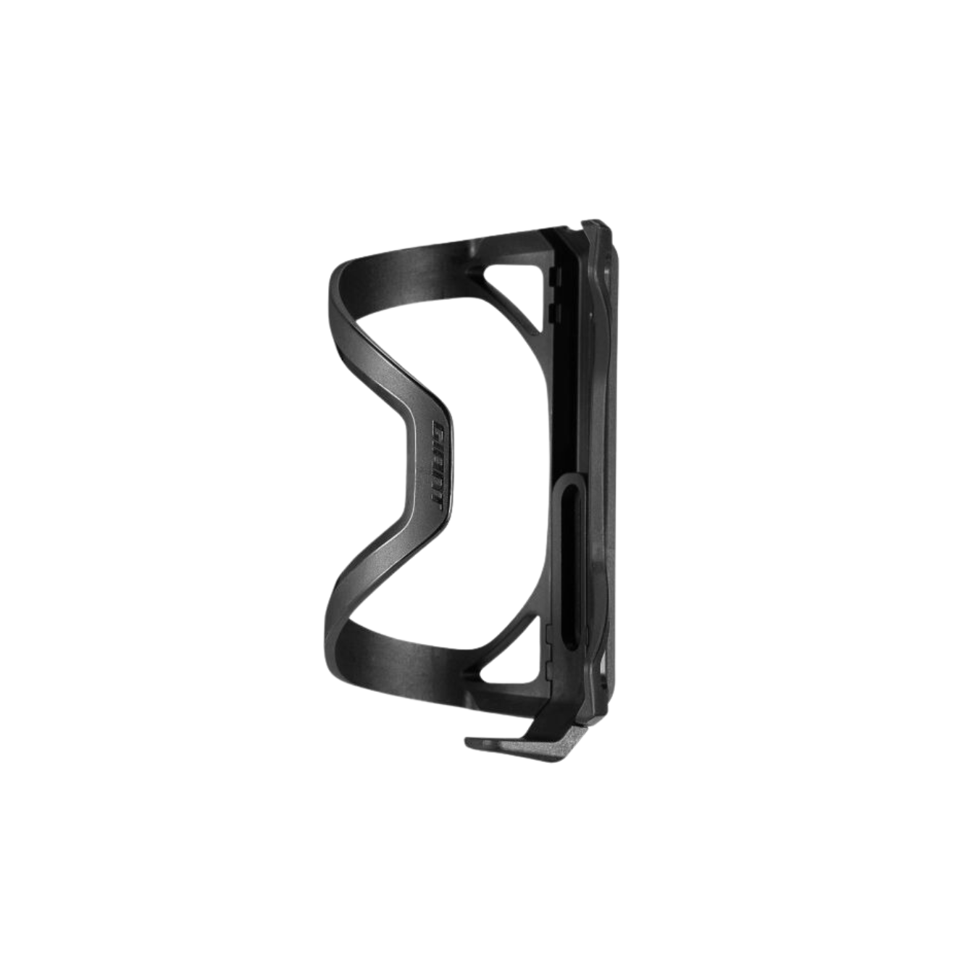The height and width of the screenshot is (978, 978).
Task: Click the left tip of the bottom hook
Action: [x=467, y=743]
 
